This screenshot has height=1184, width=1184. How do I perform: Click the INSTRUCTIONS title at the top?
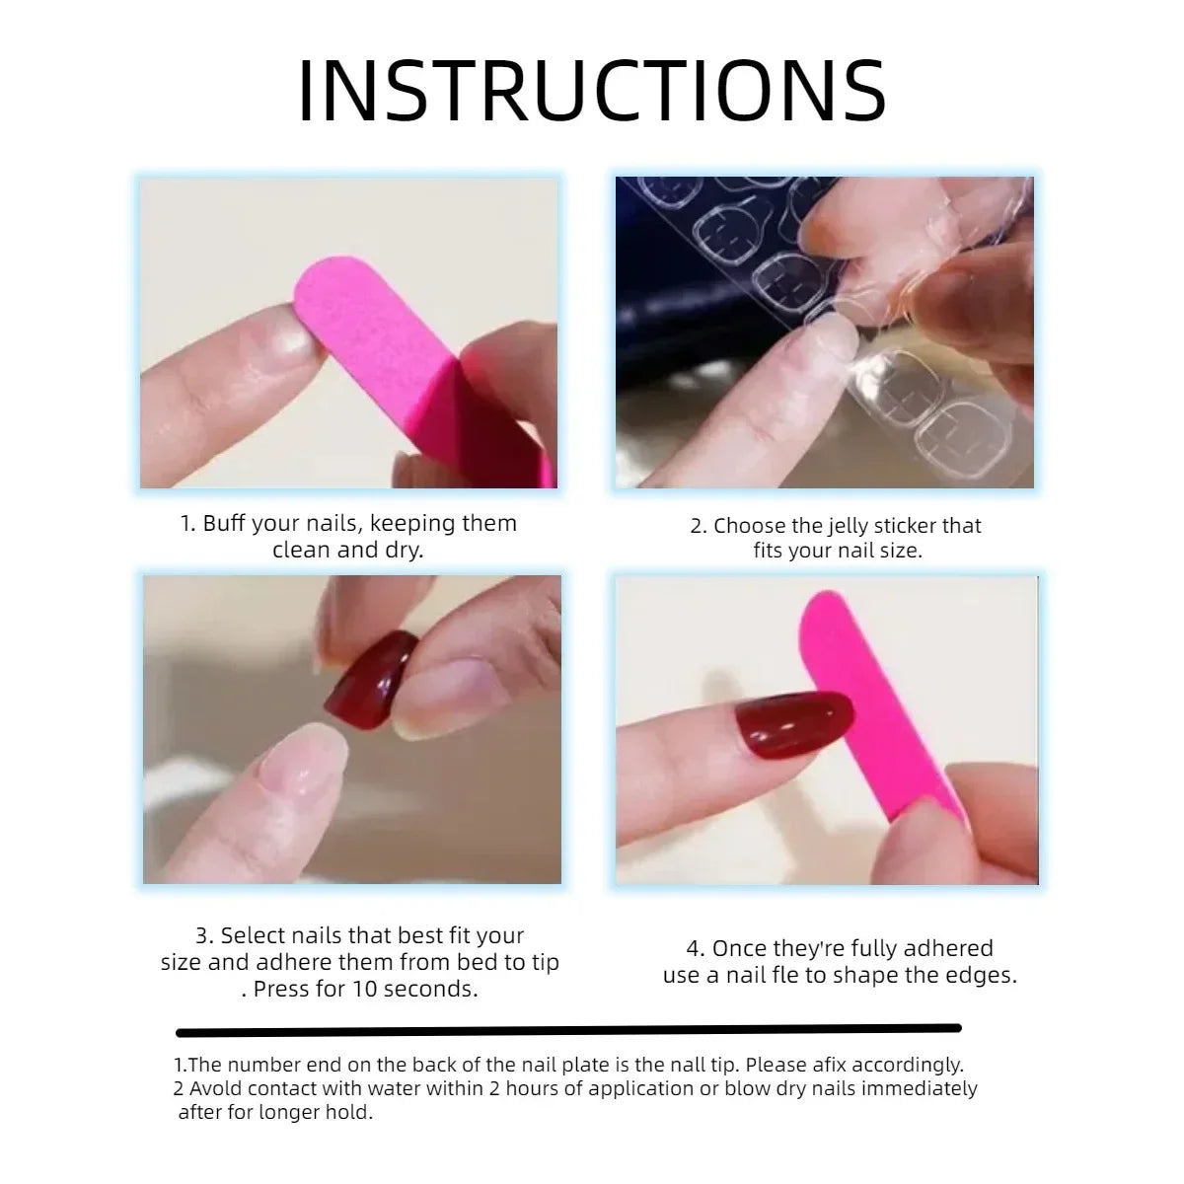[592, 91]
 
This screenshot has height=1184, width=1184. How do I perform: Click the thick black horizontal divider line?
[568, 1030]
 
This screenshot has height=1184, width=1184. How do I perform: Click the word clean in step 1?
[303, 550]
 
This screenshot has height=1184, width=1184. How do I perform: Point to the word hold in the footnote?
[350, 1112]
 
